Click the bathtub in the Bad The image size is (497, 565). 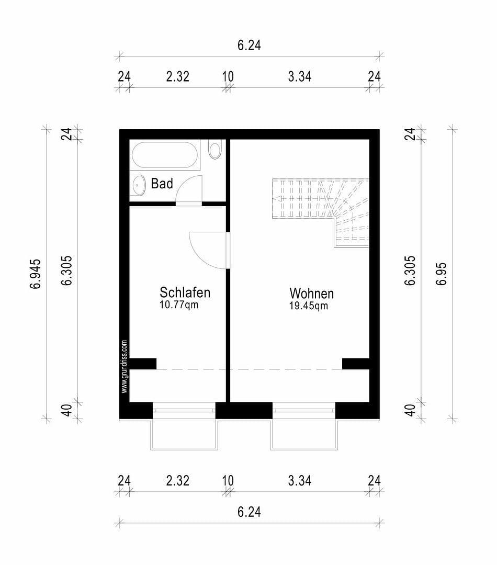165,155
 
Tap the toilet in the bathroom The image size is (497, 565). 214,150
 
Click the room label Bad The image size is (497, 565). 162,184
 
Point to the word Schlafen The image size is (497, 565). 185,292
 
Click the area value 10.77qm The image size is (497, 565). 179,304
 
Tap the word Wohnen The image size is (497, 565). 312,293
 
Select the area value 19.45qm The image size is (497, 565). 309,306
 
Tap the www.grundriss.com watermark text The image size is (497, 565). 125,366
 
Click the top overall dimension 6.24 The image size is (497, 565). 249,46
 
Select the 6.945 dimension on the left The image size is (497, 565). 36,274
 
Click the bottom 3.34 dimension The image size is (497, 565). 300,480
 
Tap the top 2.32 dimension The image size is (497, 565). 177,76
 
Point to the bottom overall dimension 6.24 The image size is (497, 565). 249,512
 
